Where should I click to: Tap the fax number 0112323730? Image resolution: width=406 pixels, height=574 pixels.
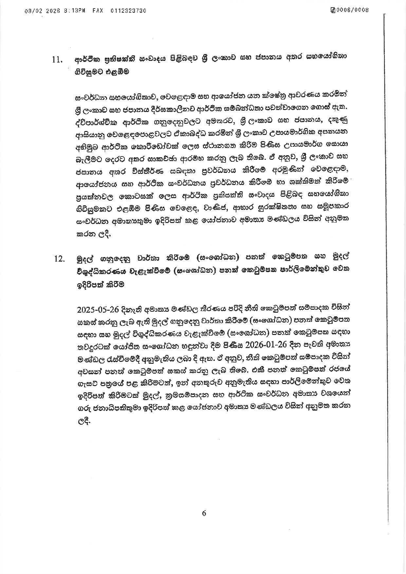[x=129, y=10]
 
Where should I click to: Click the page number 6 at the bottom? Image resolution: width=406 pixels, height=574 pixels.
[x=204, y=513]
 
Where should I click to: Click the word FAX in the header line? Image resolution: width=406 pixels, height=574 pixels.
[x=98, y=10]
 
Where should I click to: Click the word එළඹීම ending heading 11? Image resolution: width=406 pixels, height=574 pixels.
[x=117, y=72]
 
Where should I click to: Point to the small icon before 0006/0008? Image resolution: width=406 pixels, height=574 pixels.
[x=333, y=10]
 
